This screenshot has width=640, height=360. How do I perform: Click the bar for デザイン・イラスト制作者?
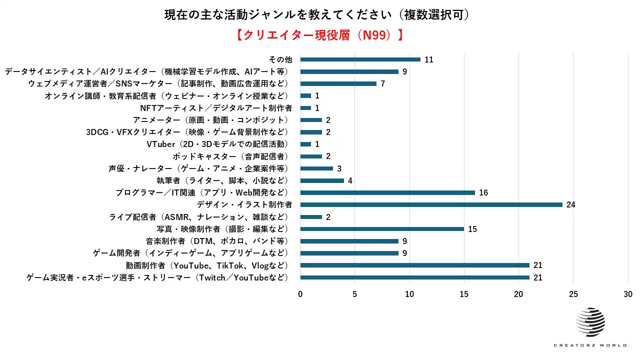(x=431, y=204)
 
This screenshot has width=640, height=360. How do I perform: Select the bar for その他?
(x=360, y=59)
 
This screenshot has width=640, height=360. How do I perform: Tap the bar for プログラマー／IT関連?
(x=387, y=192)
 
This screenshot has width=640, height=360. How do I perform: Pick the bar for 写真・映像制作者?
(x=382, y=229)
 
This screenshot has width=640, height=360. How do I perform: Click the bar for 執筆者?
(x=322, y=180)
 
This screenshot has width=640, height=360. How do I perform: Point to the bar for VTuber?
(x=305, y=144)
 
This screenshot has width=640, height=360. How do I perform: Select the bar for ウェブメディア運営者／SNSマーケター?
(x=338, y=83)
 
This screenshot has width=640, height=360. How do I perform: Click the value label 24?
(x=570, y=204)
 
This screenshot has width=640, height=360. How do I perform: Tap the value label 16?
(x=483, y=192)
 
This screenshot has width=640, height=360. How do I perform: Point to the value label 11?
(x=428, y=59)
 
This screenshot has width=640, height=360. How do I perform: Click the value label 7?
(x=382, y=83)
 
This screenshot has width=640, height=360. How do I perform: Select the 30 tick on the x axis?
(x=628, y=294)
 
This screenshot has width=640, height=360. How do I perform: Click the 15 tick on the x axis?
(x=464, y=294)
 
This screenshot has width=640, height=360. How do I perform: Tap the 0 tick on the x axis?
(x=300, y=294)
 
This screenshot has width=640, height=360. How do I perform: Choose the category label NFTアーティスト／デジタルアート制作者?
(x=216, y=108)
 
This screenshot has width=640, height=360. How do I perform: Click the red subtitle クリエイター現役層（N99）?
(x=319, y=35)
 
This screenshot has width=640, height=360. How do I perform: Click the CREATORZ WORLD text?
(x=590, y=345)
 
